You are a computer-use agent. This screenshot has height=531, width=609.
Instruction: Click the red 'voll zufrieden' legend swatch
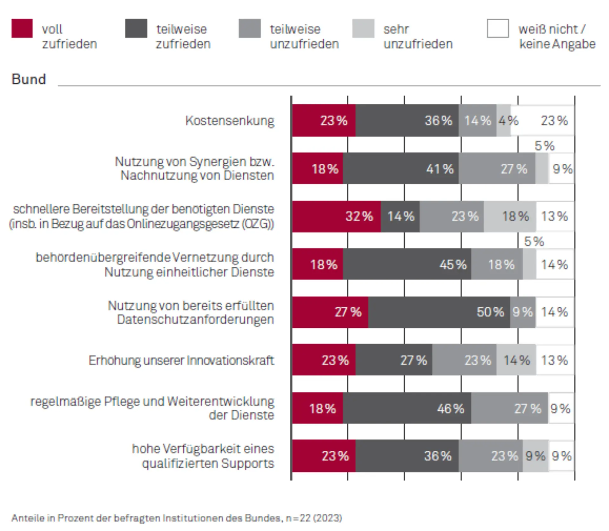(x=22, y=29)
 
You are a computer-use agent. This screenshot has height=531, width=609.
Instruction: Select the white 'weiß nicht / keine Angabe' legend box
(x=498, y=29)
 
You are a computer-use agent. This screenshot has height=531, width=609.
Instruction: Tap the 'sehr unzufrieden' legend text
(x=418, y=36)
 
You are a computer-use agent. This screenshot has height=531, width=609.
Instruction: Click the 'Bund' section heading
(x=29, y=79)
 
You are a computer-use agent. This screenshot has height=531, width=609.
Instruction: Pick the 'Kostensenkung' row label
(x=230, y=121)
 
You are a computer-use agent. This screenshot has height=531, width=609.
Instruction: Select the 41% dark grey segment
(x=401, y=168)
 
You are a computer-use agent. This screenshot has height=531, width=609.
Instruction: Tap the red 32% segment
(x=336, y=216)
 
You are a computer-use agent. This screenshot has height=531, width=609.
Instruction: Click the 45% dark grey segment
(x=407, y=264)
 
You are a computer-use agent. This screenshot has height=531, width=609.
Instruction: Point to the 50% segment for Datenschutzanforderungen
(x=439, y=312)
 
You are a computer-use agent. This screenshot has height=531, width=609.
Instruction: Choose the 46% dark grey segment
(x=407, y=408)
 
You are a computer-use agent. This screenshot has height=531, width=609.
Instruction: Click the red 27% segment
(x=330, y=312)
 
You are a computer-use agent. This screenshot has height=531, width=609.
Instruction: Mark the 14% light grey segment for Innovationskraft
(x=516, y=360)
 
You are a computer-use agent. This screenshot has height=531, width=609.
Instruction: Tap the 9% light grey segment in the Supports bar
(x=535, y=456)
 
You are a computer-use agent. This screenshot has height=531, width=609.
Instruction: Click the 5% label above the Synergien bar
(x=544, y=146)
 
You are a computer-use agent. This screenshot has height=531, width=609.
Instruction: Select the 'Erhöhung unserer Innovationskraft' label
(x=181, y=360)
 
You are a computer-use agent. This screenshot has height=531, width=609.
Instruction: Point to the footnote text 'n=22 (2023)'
(x=313, y=518)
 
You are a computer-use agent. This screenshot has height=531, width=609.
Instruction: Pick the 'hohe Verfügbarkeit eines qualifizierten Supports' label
(x=203, y=456)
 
